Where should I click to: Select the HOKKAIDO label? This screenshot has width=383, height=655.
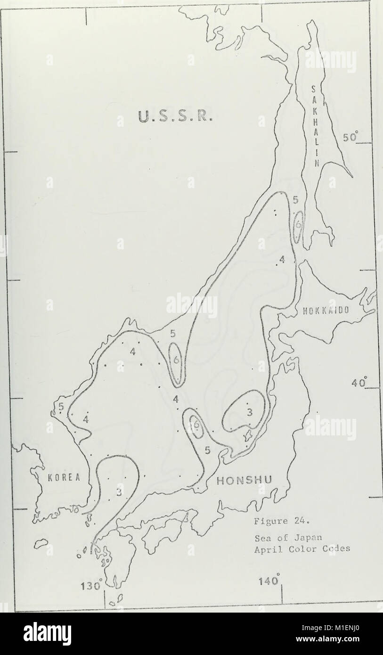point(325,310)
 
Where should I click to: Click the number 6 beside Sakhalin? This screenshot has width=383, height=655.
point(298,225)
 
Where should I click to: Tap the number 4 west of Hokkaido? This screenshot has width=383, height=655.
point(282,259)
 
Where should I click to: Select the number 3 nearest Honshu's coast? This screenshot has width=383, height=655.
point(250,412)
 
